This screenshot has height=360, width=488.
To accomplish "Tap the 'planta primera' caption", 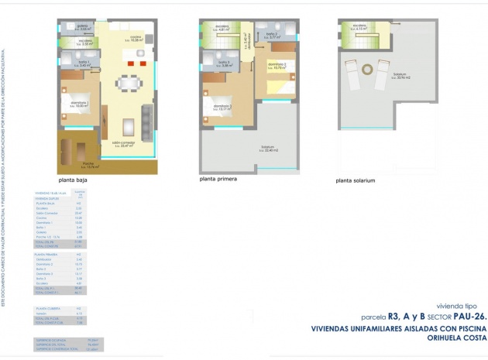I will pos(219,178).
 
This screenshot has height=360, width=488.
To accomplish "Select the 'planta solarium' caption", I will pos(356,180).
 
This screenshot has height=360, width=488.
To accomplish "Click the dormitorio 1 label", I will pos(77,105).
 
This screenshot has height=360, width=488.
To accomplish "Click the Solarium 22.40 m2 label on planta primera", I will pos(268,148).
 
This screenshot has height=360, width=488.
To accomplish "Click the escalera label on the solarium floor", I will pos(360,28).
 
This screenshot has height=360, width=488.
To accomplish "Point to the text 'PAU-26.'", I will pos(468,317).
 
